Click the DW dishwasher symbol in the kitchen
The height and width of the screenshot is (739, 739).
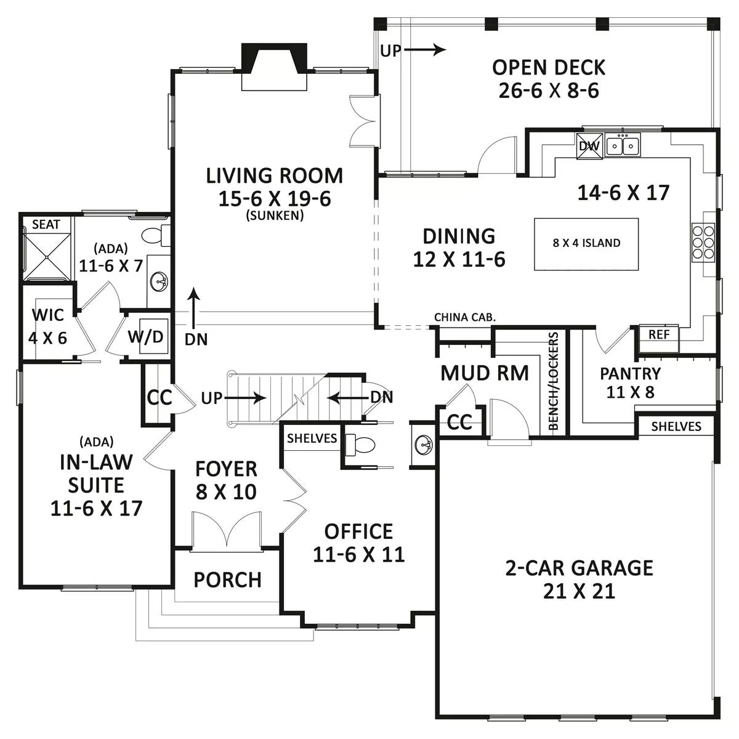[x=589, y=146]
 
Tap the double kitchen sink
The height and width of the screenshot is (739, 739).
[x=623, y=145]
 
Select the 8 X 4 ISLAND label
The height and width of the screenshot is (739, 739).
[x=586, y=243]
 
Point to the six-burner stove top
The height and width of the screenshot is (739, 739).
[x=703, y=242]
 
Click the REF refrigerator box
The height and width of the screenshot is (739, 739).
[x=659, y=335]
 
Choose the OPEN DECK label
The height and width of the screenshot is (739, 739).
[x=549, y=68]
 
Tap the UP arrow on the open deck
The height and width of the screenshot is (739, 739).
[x=426, y=49]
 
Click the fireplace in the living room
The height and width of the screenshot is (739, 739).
[x=274, y=67]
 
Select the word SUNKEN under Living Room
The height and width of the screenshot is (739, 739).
[x=275, y=216]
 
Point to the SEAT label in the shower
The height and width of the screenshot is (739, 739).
[x=46, y=224]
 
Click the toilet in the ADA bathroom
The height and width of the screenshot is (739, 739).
[x=156, y=235]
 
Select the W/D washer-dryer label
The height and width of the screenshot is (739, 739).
[x=146, y=337]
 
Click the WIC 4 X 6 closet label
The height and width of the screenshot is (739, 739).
[x=47, y=326]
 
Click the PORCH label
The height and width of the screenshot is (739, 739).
[x=227, y=580]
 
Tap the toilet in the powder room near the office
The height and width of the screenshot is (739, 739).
[x=360, y=445]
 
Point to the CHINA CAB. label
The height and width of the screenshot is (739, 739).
[x=465, y=317]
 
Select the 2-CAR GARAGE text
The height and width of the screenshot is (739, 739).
[x=579, y=568]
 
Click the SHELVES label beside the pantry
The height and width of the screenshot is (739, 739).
[x=676, y=426]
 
